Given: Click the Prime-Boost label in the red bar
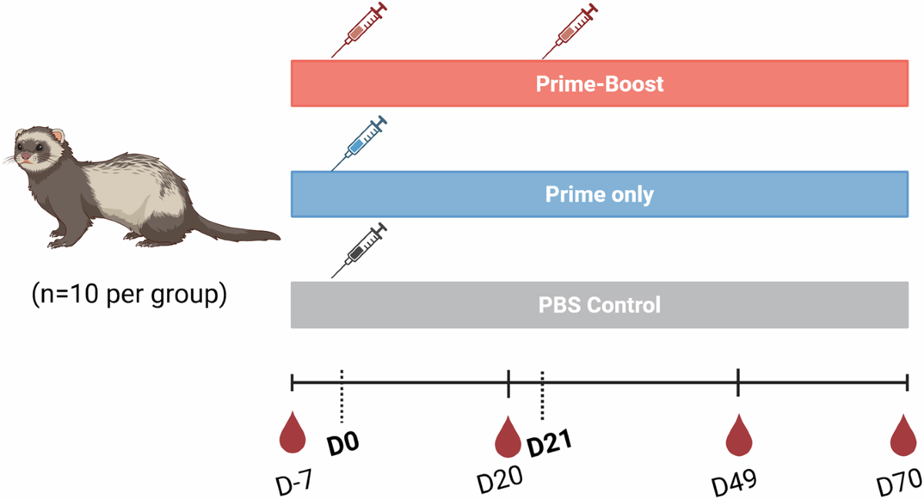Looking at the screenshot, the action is pos(599,84).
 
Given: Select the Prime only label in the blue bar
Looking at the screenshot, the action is pos(599,194).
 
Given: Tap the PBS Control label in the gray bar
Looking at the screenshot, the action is pos(599,305).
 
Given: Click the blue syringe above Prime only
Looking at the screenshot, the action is pos(359,143).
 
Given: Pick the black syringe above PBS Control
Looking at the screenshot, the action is pos(359,250).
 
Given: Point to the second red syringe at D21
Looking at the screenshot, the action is pos(570,31).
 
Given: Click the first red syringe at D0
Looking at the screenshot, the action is pos(359,30).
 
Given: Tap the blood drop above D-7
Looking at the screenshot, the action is pos(293,432).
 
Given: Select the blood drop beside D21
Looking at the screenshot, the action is pos(507,437).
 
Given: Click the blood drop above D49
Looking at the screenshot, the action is pos(738,435).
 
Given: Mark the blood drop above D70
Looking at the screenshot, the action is pos(903,435).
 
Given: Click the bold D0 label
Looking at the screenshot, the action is pos(343,444).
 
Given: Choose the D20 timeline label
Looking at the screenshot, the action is pos(500,480).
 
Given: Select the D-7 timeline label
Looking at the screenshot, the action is pos(293,482).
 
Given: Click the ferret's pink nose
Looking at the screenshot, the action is pos(25,157).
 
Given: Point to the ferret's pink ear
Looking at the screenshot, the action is pos(59,136).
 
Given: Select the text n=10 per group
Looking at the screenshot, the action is pos(129,294).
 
